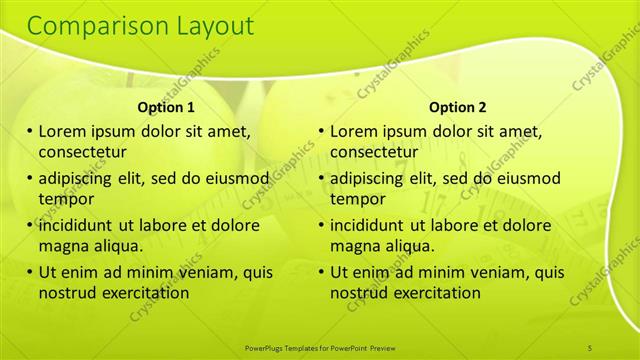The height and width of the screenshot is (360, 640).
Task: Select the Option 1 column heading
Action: (166, 107)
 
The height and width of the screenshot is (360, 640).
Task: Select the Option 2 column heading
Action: (457, 107)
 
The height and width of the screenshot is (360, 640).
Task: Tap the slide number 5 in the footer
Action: (590, 347)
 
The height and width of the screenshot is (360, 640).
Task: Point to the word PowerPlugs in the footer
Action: (267, 347)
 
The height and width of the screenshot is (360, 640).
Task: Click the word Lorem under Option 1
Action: (63, 131)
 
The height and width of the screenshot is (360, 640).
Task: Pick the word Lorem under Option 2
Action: (354, 131)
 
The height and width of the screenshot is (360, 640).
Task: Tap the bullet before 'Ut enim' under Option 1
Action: (31, 272)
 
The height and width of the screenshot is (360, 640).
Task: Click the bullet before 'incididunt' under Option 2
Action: (322, 225)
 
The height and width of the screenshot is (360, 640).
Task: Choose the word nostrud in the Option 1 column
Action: (66, 293)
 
